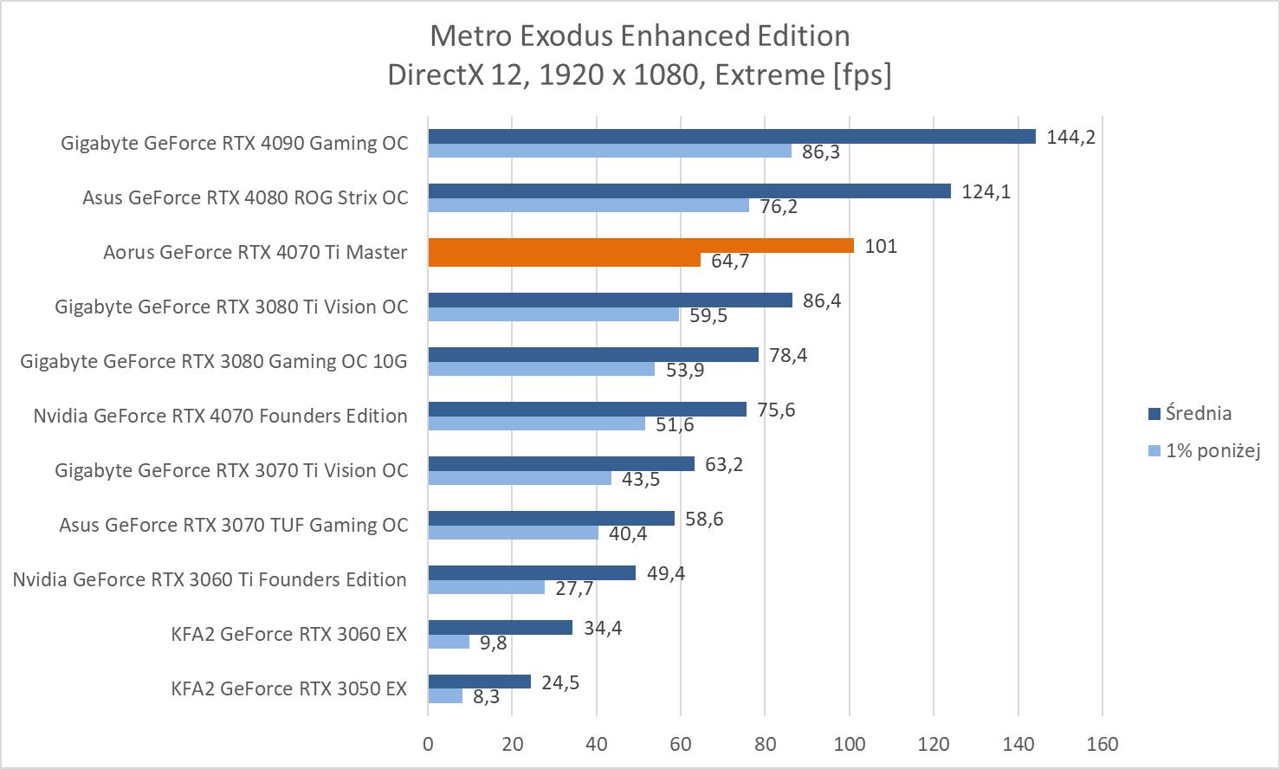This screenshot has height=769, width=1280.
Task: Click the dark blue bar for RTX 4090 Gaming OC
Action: (x=732, y=137)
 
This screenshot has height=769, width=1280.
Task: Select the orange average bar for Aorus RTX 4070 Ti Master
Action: (x=641, y=246)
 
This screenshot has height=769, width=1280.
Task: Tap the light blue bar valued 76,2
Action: (x=589, y=206)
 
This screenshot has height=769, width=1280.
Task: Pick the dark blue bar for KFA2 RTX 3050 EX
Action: (x=479, y=682)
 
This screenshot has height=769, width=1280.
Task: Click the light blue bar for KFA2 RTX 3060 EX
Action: (x=449, y=643)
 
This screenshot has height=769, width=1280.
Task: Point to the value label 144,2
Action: (x=1070, y=137)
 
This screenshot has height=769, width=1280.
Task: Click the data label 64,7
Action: (x=730, y=261)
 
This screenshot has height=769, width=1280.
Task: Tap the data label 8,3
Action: (x=486, y=697)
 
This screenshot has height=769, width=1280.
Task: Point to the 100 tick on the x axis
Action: (x=850, y=744)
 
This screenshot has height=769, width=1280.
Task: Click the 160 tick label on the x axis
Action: (x=1102, y=744)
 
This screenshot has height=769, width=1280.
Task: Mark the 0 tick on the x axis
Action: (x=428, y=744)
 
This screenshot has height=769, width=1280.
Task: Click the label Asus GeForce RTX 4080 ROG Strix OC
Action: (x=245, y=197)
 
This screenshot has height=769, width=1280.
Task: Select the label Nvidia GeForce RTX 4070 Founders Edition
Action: (x=220, y=416)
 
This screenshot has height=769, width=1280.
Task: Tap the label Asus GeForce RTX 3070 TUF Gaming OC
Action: (x=233, y=525)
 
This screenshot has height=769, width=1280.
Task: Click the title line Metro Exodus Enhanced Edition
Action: (x=640, y=36)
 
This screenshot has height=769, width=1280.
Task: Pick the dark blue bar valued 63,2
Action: (x=561, y=464)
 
